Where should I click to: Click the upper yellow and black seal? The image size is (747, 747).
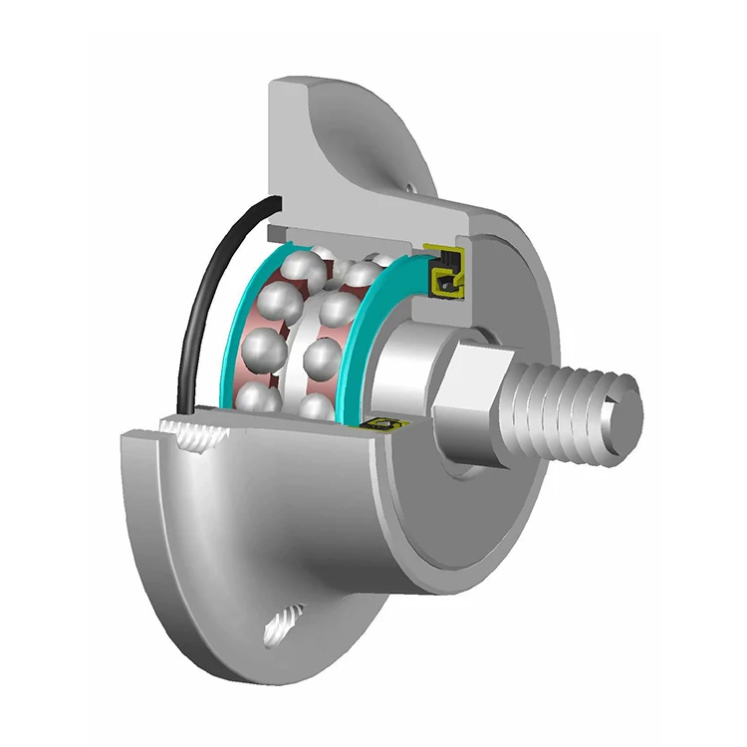tap(446, 271)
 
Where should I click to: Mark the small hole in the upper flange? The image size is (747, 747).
tap(410, 184)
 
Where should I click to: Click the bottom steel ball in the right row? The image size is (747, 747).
tap(317, 405)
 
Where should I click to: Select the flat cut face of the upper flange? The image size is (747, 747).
tap(289, 149)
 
